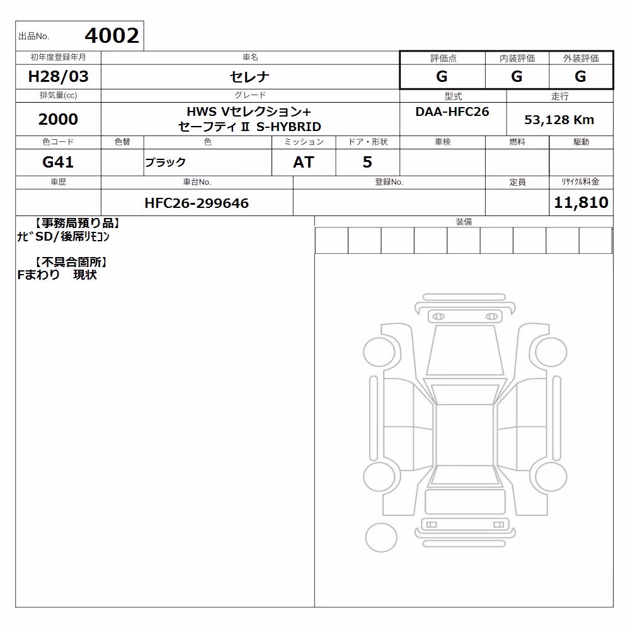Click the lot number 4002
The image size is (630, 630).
pyautogui.click(x=112, y=36)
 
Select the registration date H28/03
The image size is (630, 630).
pyautogui.click(x=58, y=76)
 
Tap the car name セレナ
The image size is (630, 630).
pyautogui.click(x=249, y=76)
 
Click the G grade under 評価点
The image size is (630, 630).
pyautogui.click(x=442, y=76)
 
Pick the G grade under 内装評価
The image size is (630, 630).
pyautogui.click(x=517, y=76)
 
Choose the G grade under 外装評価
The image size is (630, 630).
pyautogui.click(x=580, y=76)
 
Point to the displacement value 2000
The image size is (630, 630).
pyautogui.click(x=58, y=119)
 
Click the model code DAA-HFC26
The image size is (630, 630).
pyautogui.click(x=452, y=112)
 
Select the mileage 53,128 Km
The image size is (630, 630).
pyautogui.click(x=559, y=120)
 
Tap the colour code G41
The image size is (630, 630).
pyautogui.click(x=58, y=162)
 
